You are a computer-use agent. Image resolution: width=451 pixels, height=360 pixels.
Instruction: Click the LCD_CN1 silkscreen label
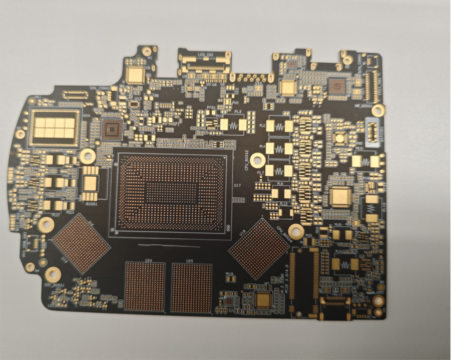click(206, 56)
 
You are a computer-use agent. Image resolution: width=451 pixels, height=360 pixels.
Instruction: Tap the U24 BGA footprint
click(145, 287)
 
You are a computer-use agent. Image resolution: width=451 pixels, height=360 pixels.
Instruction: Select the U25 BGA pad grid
click(191, 288)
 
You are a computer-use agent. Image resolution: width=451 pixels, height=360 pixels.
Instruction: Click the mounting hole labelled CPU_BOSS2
click(257, 159)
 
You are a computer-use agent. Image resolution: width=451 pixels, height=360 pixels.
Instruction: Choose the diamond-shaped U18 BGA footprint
click(259, 249)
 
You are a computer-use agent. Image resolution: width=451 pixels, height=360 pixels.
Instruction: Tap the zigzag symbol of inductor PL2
click(279, 126)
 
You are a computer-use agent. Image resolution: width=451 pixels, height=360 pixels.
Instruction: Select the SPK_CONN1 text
click(100, 88)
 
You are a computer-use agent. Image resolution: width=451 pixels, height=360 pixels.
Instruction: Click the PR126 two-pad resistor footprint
click(231, 278)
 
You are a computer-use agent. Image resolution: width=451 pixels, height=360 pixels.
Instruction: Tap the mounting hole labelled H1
click(147, 51)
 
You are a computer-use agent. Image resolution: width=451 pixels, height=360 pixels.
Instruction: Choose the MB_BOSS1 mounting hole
click(378, 110)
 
